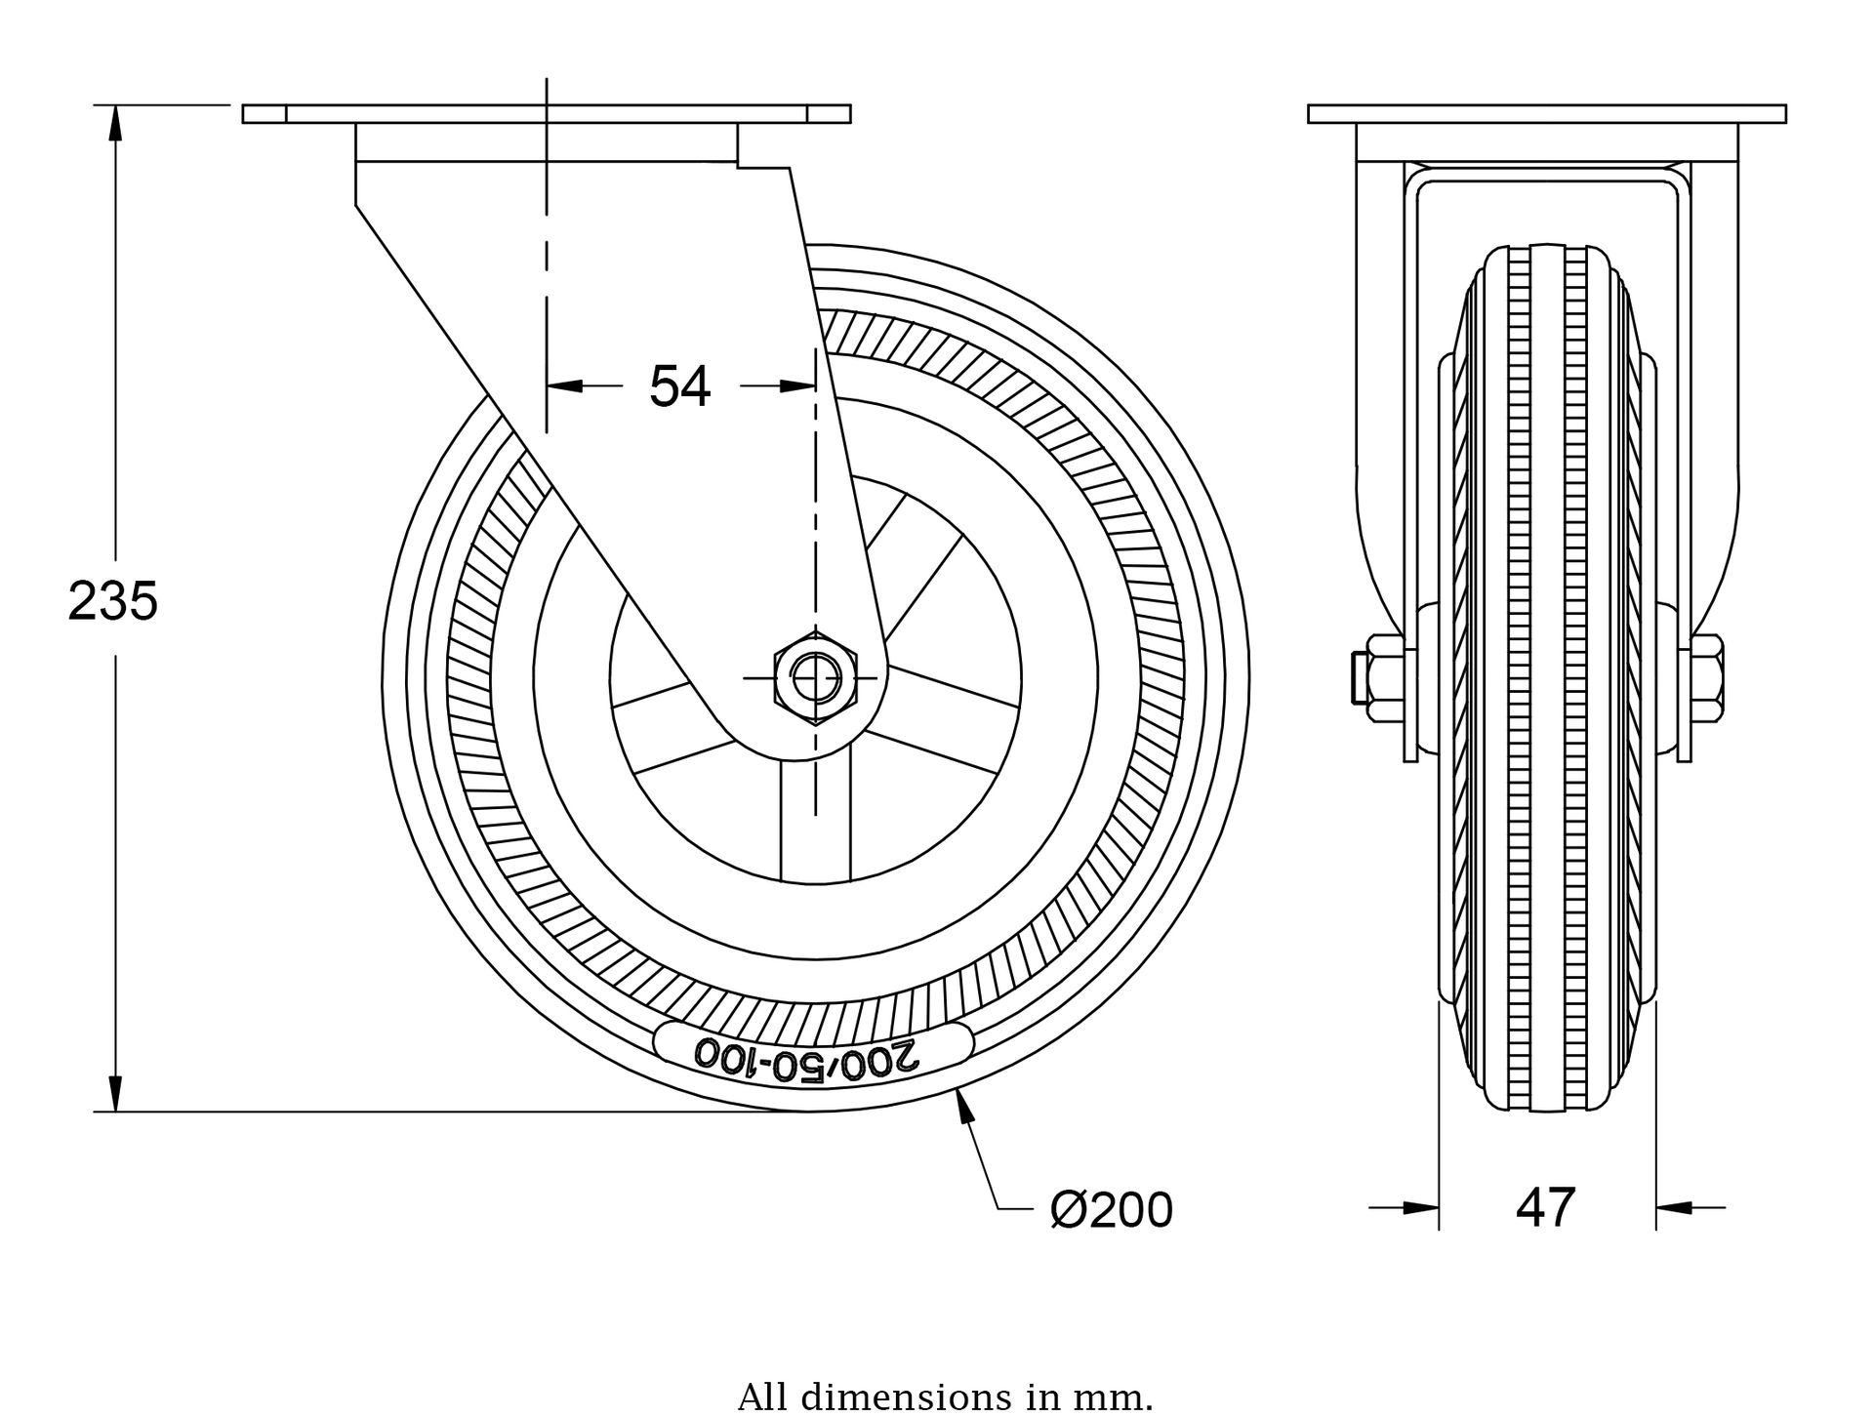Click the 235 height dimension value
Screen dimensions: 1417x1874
click(x=113, y=601)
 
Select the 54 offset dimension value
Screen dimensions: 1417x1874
click(x=680, y=386)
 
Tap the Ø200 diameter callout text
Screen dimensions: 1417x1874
click(x=1111, y=1210)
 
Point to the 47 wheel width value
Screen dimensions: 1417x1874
click(x=1545, y=1208)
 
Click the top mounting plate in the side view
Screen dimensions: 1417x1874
click(x=547, y=114)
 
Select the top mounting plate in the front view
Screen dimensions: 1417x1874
click(x=1547, y=114)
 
